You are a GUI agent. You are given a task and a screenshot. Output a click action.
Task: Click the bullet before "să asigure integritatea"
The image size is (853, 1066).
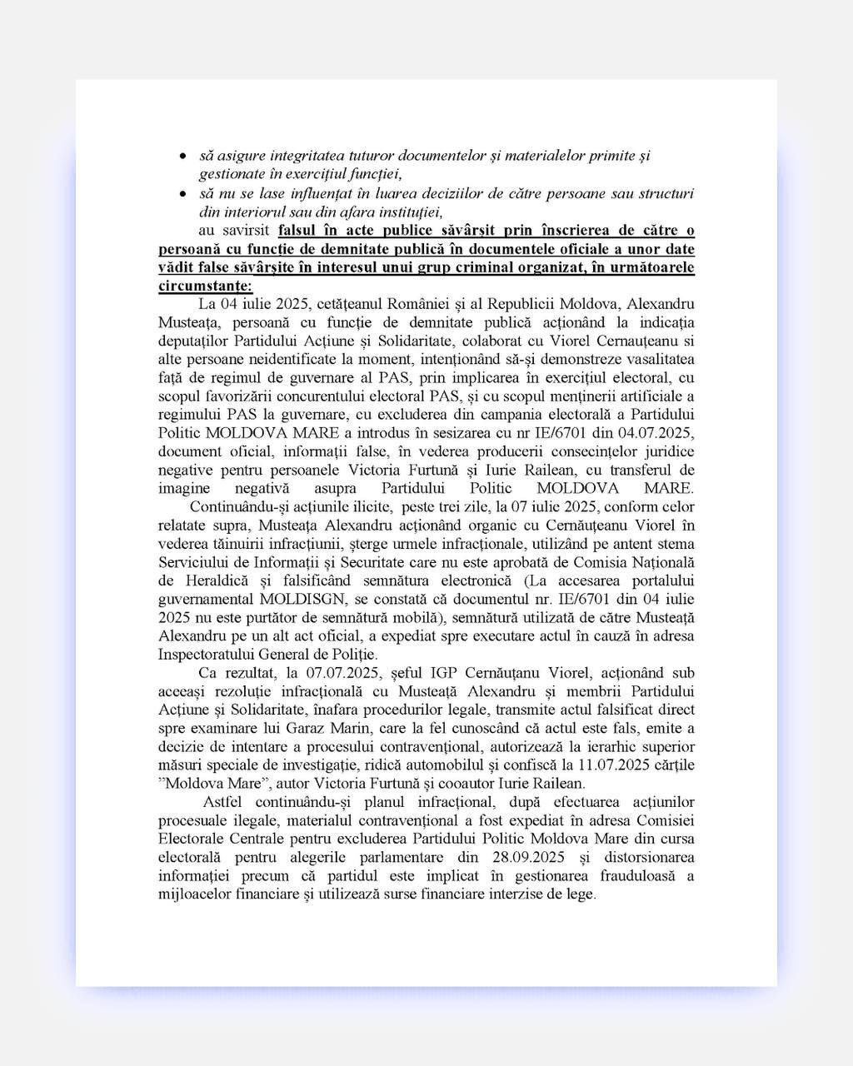tap(182, 156)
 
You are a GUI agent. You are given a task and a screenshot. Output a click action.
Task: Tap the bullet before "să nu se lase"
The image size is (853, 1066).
tap(182, 193)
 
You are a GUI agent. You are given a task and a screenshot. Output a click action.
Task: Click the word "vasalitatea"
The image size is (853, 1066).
tap(654, 359)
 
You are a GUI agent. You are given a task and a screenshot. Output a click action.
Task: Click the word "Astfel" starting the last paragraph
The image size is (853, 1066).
tap(224, 802)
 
